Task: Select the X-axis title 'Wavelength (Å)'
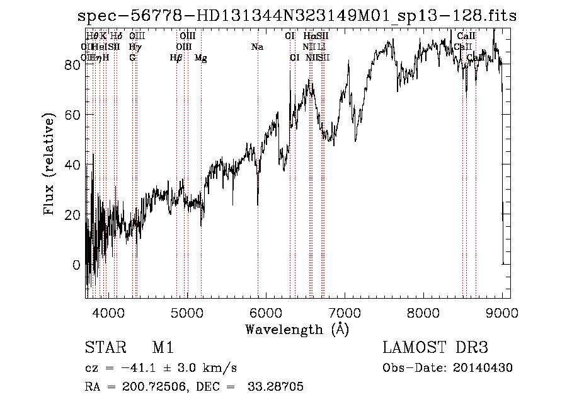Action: click(x=297, y=330)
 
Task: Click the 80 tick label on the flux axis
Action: click(x=72, y=65)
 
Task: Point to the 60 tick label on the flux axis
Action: click(x=72, y=115)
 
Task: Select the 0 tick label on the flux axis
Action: click(x=77, y=265)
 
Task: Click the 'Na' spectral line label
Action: click(x=257, y=47)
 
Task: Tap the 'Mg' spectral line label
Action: click(x=201, y=58)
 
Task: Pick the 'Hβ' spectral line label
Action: click(x=176, y=58)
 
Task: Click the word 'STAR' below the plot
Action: click(x=104, y=348)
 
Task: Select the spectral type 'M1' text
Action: click(x=163, y=348)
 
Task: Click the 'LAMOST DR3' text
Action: click(x=435, y=348)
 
